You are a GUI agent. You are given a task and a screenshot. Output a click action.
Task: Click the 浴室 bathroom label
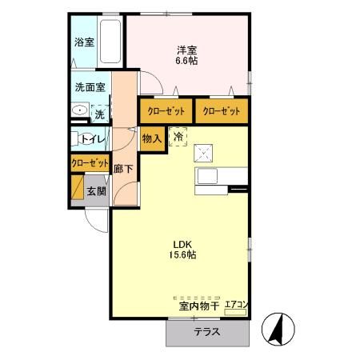pos(83,42)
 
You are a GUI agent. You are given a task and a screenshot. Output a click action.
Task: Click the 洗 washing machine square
pos(99,114)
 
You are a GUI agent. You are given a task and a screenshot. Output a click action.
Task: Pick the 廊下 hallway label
pos(122,169)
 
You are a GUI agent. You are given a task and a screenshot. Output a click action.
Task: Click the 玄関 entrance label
pos(95,191)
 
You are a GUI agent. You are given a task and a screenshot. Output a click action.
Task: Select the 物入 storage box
pos(153,138)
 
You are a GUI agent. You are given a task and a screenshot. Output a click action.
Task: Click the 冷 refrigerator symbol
pos(178,138)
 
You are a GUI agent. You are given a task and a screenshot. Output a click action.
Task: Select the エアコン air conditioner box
pos(237,305)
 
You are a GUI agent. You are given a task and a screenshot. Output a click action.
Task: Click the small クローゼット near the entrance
pos(90,162)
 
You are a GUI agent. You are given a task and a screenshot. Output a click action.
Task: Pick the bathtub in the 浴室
pos(110,42)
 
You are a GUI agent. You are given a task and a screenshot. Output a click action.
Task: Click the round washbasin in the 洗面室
pos(80,111)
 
